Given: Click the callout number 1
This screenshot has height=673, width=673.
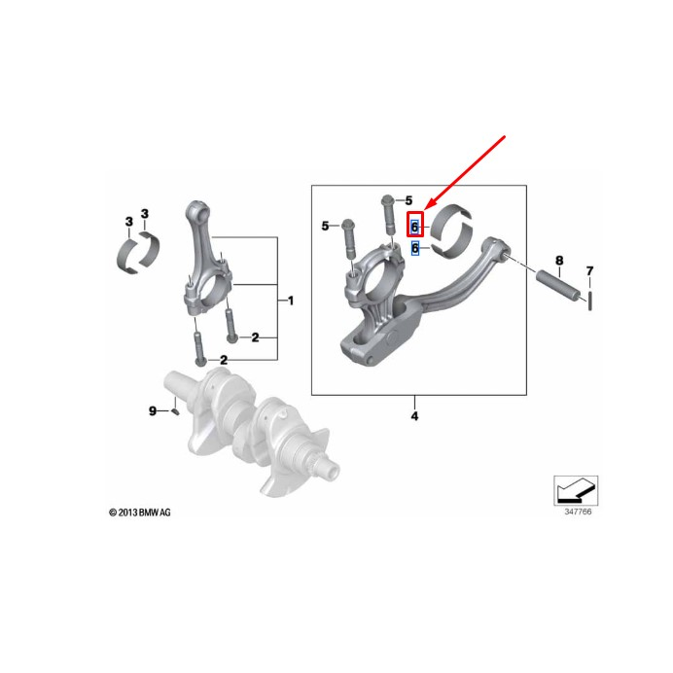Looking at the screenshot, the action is [291, 301].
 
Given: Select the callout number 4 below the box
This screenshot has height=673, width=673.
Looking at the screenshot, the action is [414, 416].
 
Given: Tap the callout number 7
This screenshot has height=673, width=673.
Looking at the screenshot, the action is [589, 270].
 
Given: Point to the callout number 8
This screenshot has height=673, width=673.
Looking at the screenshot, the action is [559, 260].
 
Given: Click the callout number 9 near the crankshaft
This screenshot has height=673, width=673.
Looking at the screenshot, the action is [153, 410].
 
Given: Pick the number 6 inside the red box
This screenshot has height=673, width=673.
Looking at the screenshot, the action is [414, 227].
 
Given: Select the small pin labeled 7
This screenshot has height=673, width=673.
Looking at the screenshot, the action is [590, 301].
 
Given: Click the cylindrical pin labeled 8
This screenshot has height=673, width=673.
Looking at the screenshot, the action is [560, 285].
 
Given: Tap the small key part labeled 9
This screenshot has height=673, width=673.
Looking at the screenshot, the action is [175, 412].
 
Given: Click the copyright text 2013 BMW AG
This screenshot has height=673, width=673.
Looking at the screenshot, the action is [140, 513].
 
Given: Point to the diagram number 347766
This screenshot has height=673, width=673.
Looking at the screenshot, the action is [578, 512].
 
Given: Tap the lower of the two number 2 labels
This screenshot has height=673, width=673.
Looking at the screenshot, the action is [224, 360].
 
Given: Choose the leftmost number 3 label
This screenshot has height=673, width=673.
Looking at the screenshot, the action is [129, 222].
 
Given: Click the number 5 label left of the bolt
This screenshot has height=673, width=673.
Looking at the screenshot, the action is [326, 226].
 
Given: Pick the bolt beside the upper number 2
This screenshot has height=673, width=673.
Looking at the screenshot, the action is [230, 326].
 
